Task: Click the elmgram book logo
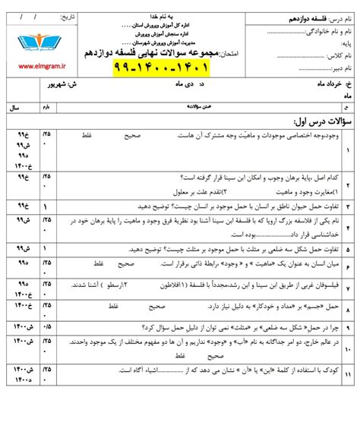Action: [32, 42]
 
